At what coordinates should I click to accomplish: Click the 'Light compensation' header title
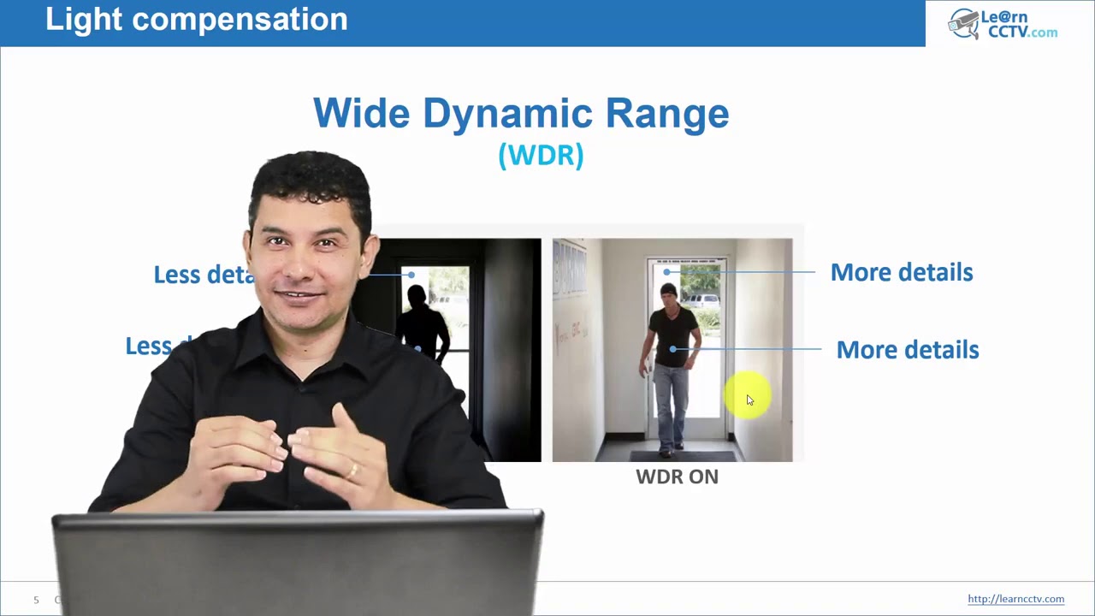tap(196, 19)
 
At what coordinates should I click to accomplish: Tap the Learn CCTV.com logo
tap(1003, 24)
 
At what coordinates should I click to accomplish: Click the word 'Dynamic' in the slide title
tap(507, 114)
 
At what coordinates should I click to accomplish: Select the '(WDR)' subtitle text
tap(541, 155)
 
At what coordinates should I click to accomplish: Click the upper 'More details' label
tap(901, 272)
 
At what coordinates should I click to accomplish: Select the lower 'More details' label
tap(907, 349)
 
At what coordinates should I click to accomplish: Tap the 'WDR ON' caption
tap(677, 477)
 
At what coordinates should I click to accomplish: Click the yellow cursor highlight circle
tap(747, 396)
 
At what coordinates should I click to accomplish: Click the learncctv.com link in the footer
tap(1015, 599)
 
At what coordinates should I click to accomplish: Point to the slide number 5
tap(36, 600)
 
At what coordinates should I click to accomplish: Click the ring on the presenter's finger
tap(353, 470)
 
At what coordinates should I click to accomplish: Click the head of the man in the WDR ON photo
tap(667, 296)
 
